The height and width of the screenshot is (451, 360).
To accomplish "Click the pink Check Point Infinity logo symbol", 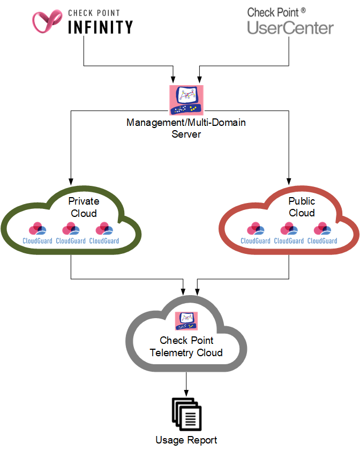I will (48, 21).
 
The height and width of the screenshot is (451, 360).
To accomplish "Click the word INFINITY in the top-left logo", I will (101, 26).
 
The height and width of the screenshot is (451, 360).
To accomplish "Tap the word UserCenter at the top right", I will (290, 28).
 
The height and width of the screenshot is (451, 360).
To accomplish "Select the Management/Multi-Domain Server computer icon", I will (186, 100).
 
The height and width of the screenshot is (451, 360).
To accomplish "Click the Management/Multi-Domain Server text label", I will (186, 128).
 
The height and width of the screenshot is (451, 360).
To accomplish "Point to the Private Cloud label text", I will (84, 207).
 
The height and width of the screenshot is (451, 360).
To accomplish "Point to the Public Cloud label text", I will (302, 207).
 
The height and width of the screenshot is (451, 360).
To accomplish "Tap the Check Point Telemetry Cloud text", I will (186, 347).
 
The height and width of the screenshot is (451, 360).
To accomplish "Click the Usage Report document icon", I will (186, 414).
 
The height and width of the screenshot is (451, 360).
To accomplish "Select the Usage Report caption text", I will (186, 440).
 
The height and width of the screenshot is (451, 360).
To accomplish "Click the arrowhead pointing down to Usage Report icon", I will (186, 393).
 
